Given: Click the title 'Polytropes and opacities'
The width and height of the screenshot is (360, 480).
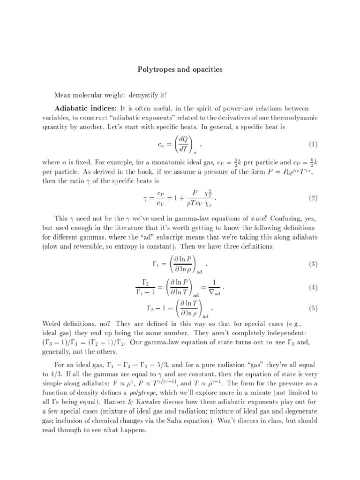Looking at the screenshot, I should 180,69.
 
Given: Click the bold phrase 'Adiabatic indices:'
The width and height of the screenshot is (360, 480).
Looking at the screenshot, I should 82,109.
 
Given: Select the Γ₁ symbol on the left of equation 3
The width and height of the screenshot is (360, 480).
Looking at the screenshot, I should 157,264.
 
